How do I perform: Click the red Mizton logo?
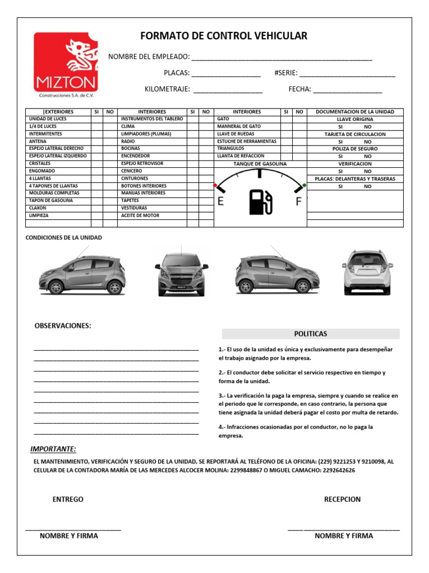pos(66,62)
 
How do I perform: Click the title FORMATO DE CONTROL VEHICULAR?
pos(223,36)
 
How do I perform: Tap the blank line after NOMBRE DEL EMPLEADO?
pos(282,58)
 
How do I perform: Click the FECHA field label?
pos(299,89)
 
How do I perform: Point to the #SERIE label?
pos(286,73)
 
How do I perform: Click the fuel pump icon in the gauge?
pos(260,202)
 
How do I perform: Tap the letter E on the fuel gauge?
pos(221,202)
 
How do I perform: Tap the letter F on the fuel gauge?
pos(298,202)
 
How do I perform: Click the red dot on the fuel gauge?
pos(215,185)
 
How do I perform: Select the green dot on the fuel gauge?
pos(304,185)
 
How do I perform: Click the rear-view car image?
pos(367,272)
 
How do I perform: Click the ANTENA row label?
pos(38,142)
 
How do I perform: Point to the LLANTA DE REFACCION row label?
pos(241,156)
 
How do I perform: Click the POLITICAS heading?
pos(311,334)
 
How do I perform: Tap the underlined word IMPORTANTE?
pos(53,449)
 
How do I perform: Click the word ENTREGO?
pos(68,499)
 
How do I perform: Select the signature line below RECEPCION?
pos(344,529)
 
